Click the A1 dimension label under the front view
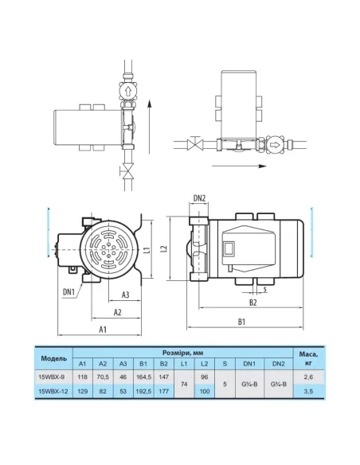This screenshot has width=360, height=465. pyautogui.click(x=102, y=329)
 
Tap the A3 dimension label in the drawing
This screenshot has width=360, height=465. pyautogui.click(x=126, y=295)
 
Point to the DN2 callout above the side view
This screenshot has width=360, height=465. pyautogui.click(x=199, y=198)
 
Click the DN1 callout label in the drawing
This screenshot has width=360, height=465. pyautogui.click(x=68, y=291)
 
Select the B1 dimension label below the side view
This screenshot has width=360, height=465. pyautogui.click(x=241, y=322)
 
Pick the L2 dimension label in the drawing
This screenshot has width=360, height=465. pyautogui.click(x=164, y=249)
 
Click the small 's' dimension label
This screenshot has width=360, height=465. pyautogui.click(x=264, y=288)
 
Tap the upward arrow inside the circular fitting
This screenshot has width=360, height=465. pyautogui.click(x=127, y=91)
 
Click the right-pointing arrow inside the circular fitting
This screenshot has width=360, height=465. pyautogui.click(x=276, y=145)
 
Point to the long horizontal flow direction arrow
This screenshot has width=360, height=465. pyautogui.click(x=240, y=166)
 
